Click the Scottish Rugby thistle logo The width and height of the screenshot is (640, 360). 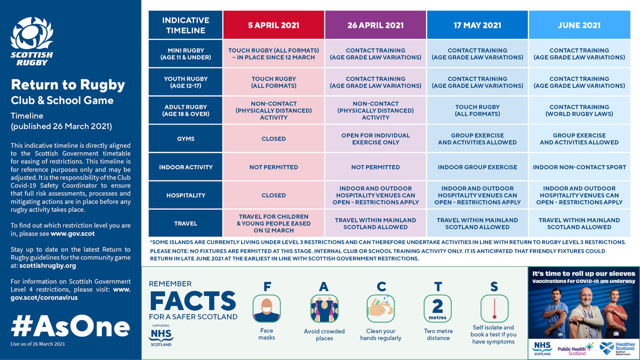pyautogui.click(x=31, y=41)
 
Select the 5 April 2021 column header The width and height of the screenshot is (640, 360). pyautogui.click(x=273, y=25)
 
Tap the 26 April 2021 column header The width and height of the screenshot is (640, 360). pyautogui.click(x=375, y=25)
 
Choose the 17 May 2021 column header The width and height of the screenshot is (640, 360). pyautogui.click(x=477, y=25)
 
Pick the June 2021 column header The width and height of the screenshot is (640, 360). pyautogui.click(x=579, y=25)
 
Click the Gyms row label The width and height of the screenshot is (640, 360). pyautogui.click(x=185, y=138)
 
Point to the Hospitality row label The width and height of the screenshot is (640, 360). pyautogui.click(x=185, y=195)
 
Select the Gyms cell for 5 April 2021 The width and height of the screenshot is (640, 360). pyautogui.click(x=273, y=138)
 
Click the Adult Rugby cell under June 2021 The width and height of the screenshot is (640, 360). pyautogui.click(x=579, y=110)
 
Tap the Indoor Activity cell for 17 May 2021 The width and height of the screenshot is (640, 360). pyautogui.click(x=477, y=167)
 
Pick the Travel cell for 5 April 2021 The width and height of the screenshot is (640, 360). pyautogui.click(x=273, y=223)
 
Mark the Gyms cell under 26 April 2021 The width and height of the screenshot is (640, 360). pyautogui.click(x=375, y=138)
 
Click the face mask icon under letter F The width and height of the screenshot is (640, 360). pyautogui.click(x=266, y=308)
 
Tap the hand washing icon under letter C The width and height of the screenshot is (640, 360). pyautogui.click(x=380, y=308)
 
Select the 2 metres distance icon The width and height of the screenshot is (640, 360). pyautogui.click(x=437, y=308)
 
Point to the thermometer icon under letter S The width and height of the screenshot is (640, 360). pyautogui.click(x=494, y=308)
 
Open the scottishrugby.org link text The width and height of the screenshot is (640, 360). pyautogui.click(x=47, y=265)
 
